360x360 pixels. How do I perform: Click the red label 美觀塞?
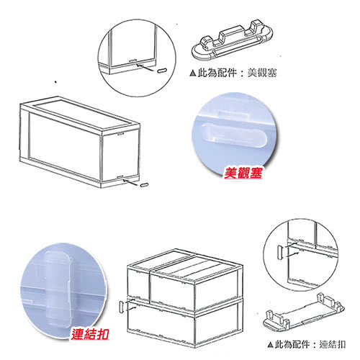pos(243,173)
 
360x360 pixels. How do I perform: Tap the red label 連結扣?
pos(90,333)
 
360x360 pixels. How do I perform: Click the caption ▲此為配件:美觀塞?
pos(233,73)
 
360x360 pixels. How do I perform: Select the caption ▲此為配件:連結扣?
pos(307,345)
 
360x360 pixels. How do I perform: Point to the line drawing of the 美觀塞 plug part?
pos(232,41)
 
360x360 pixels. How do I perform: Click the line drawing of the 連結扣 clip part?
pos(304,312)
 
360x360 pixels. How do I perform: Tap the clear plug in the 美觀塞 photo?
pos(234,135)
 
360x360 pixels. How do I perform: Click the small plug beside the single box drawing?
pos(144,185)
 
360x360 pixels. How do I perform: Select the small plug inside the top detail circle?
pos(162,71)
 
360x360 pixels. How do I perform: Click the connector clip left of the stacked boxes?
pos(122,307)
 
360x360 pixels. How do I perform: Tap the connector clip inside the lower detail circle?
pos(280,252)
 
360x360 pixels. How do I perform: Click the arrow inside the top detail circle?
pos(145,67)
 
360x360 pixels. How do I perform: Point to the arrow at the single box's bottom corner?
pos(130,182)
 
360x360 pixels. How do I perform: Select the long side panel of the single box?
pos(64,146)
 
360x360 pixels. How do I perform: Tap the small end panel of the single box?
pos(120,155)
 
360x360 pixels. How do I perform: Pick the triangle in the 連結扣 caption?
pos(271,345)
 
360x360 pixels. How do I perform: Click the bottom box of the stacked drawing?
pos(185,323)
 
